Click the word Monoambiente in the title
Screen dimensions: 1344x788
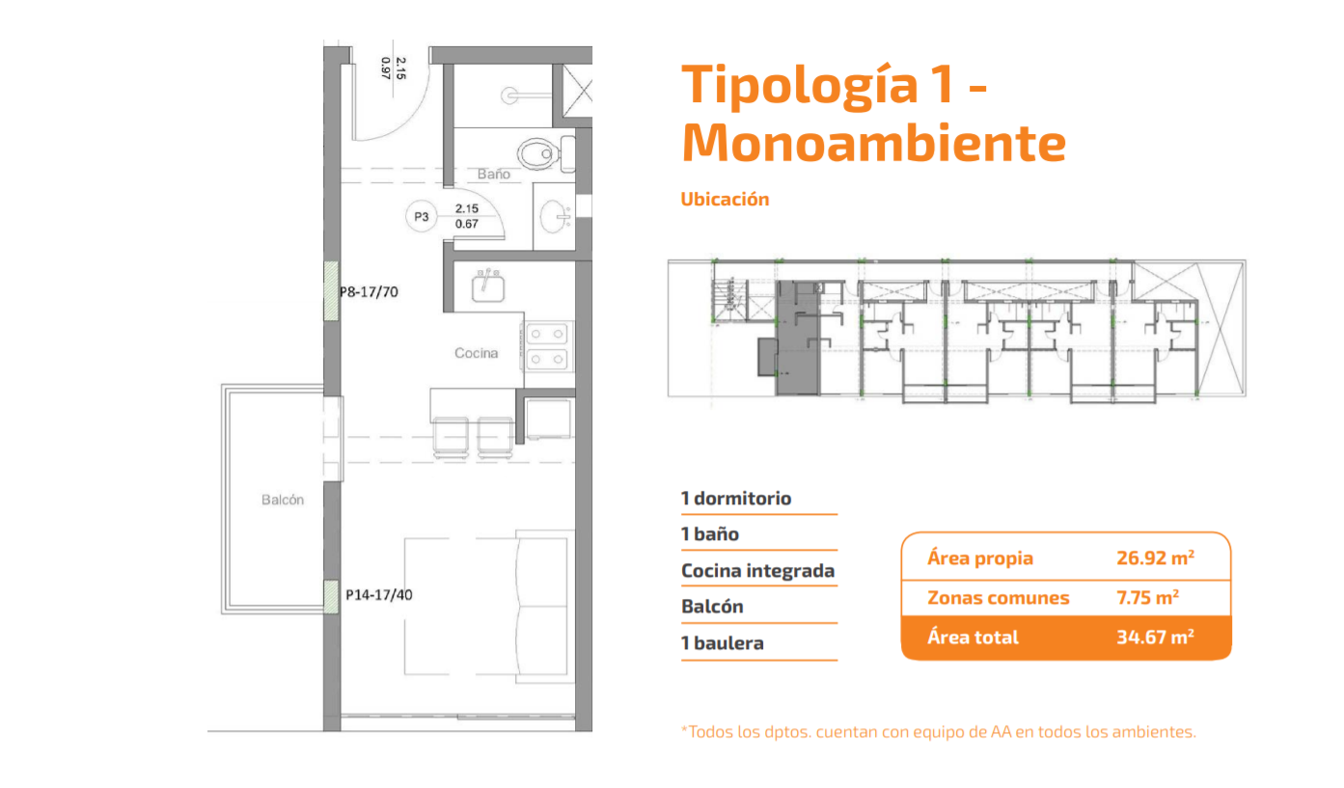tap(873, 143)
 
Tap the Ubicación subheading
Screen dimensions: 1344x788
tap(725, 199)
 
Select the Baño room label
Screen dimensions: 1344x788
tap(494, 174)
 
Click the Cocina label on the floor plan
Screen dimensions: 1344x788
tap(476, 353)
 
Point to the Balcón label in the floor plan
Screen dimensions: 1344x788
tap(283, 500)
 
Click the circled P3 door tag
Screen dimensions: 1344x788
tap(422, 216)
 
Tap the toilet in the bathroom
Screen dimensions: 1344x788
tap(544, 153)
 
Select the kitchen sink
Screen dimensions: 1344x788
tap(488, 285)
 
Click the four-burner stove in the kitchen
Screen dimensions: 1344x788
tap(547, 346)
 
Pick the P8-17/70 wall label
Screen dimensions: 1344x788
tap(369, 292)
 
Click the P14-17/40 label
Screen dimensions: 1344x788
tap(378, 595)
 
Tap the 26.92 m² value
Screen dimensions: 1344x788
tap(1155, 557)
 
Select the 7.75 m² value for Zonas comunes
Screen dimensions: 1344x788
tap(1147, 597)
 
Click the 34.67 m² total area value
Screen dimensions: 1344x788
tap(1155, 637)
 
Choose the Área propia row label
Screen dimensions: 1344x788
tap(980, 558)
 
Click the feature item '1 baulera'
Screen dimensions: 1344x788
tap(723, 643)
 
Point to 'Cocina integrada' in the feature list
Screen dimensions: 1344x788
tap(757, 571)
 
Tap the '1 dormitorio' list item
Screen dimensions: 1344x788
tap(736, 499)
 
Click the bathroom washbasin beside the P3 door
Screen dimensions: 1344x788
tap(555, 216)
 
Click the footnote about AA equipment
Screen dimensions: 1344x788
tap(939, 732)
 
